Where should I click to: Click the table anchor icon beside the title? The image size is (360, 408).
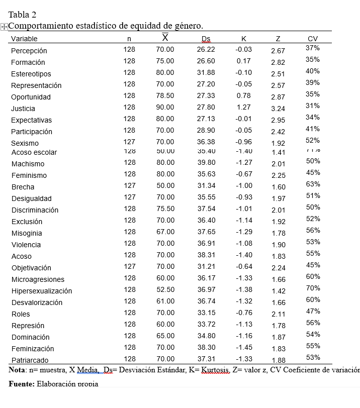point(4,27)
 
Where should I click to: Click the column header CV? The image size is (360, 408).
point(313,39)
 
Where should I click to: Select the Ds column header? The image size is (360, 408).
point(206,39)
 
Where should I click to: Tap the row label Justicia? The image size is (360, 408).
point(23,109)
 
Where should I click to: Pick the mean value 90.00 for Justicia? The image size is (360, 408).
point(165,107)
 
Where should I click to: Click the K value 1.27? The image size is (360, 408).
point(243,107)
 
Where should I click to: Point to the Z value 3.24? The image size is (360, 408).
point(278,109)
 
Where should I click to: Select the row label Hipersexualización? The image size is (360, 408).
point(42,291)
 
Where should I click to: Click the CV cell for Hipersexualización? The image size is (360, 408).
point(313,288)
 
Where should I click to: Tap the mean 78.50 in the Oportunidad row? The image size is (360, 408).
point(165,95)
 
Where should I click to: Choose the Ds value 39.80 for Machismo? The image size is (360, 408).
point(206,162)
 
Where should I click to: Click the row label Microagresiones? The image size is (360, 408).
point(38,279)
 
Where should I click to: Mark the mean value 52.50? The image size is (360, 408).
point(165,289)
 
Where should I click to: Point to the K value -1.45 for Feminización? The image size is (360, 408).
point(243,347)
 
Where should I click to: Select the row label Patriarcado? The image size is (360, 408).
point(30,360)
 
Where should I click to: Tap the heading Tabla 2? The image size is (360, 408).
point(23,15)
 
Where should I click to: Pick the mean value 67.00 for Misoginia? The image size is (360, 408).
point(165,232)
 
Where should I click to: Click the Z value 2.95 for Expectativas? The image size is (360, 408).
point(278,120)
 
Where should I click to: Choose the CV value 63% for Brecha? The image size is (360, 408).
point(313,184)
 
